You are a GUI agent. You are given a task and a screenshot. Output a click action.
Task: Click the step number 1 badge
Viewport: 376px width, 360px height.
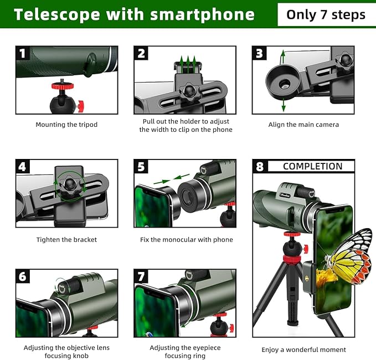pos(23,54)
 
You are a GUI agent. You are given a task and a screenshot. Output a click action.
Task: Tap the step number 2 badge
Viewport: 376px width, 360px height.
pos(141,54)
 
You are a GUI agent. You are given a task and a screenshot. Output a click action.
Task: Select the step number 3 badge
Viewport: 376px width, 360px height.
pos(259,54)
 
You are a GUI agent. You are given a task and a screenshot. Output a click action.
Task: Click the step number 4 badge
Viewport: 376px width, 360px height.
pos(23,167)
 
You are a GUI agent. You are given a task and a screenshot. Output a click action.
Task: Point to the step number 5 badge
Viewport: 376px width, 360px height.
pos(141,167)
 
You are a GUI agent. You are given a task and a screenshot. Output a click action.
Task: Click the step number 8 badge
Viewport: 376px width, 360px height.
pos(260,167)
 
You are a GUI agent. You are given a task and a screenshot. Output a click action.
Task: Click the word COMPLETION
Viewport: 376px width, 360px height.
pos(312,166)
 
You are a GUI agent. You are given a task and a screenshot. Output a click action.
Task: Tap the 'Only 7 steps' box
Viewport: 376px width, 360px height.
pos(326,14)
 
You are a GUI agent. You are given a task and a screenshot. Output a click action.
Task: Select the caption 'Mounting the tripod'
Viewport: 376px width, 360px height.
pos(66,125)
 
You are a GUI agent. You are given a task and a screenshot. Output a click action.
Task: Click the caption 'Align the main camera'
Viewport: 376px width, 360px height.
pos(303,125)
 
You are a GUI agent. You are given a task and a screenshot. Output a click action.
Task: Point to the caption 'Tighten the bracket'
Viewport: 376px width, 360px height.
pos(66,240)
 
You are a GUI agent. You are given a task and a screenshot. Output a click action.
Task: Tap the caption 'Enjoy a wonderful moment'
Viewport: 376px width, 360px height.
pos(303,349)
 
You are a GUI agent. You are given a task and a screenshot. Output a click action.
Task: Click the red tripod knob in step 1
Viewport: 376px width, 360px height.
pos(58,87)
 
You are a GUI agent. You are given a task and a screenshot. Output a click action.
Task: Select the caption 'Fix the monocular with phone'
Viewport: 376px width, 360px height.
pos(186,240)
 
